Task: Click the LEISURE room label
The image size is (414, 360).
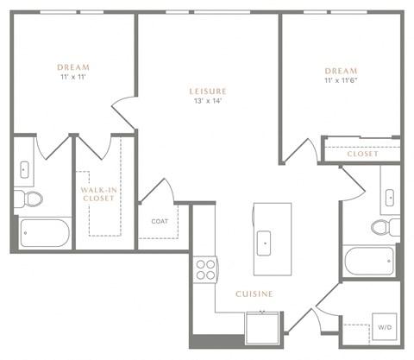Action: coord(208,91)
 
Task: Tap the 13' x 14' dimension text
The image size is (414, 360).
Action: coord(208,101)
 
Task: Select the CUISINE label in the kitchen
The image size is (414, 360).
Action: coord(254,294)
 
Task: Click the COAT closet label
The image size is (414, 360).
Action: coord(159,220)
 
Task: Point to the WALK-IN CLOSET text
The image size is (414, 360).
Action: coord(97,193)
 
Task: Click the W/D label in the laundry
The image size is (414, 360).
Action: coord(383,326)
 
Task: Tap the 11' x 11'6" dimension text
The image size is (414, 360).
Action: coord(342,80)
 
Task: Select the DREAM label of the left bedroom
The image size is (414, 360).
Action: coord(73,67)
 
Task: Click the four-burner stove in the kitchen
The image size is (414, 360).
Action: coord(205,269)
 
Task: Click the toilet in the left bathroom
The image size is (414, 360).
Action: coord(33,199)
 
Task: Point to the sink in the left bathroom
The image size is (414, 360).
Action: coord(25,168)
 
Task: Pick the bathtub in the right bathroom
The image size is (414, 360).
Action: coord(369,262)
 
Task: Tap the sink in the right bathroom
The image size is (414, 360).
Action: coord(389,197)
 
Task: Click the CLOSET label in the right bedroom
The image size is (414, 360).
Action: coord(362,154)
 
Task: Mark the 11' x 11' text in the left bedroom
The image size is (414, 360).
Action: coord(73,78)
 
